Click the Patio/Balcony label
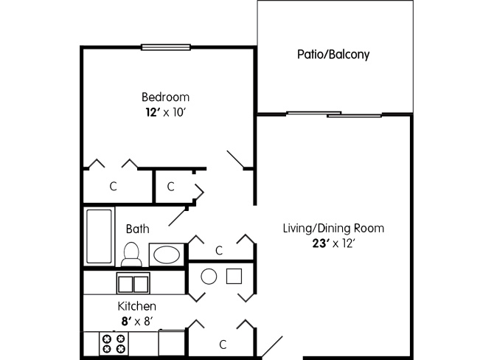tap(333, 55)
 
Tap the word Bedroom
tap(165, 97)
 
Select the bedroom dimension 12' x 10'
tap(164, 112)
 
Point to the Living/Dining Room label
tap(333, 228)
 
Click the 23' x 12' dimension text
tap(333, 243)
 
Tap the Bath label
tap(137, 229)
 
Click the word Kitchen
tap(136, 306)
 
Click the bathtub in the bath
tap(99, 236)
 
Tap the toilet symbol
tap(131, 255)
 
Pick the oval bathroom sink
tap(167, 255)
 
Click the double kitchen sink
tap(133, 283)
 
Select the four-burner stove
tap(114, 344)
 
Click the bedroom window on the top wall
tap(166, 47)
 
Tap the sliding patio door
tap(334, 114)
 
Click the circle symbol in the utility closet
tap(209, 277)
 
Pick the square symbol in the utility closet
tap(234, 277)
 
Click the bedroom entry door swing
tap(235, 159)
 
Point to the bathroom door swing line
tap(178, 217)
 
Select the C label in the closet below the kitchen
tap(223, 345)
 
